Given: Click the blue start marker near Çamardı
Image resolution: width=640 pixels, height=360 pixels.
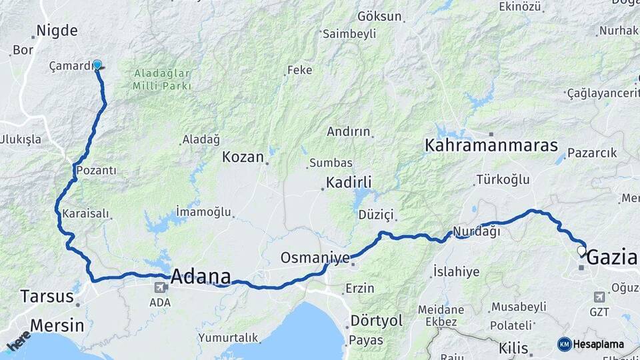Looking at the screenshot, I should point(97,65).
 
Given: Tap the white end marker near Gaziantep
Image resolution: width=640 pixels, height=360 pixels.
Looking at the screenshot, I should point(581,251).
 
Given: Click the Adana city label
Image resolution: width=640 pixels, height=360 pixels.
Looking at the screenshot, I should point(201,277).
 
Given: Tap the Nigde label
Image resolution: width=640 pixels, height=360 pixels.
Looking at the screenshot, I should point(57,31).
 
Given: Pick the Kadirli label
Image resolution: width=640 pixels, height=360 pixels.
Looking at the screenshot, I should point(349,182).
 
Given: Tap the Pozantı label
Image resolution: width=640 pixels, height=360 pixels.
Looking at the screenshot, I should point(97,171).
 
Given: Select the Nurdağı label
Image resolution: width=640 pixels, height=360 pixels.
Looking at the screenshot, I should point(477,231).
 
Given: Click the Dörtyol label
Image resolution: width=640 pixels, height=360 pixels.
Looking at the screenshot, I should point(377,321).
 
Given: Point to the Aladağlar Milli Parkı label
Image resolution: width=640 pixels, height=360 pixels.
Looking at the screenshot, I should point(162,80).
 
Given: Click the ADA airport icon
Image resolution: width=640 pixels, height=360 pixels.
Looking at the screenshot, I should point(160,288).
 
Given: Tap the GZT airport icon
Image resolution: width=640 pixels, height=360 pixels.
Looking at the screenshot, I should point(598,297).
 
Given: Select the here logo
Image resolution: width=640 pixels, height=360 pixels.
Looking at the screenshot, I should point(18,340).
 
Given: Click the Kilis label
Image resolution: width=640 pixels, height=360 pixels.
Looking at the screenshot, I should point(514,348).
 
